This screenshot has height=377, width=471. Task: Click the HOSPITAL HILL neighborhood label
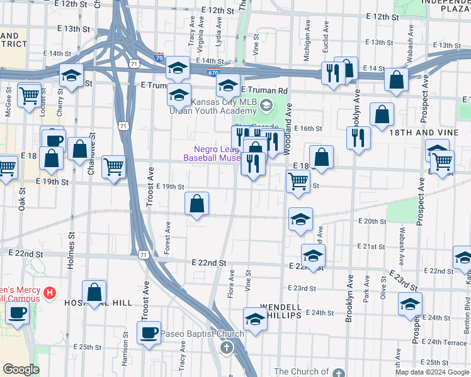click(x=98, y=303)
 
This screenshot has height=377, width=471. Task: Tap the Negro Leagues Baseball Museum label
click(x=212, y=153)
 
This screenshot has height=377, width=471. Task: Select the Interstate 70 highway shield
click(x=159, y=57)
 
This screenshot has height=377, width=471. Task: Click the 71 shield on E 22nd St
click(x=145, y=255)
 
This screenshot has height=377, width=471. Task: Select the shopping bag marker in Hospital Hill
click(x=94, y=292)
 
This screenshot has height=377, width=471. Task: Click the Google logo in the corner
click(x=21, y=369)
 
